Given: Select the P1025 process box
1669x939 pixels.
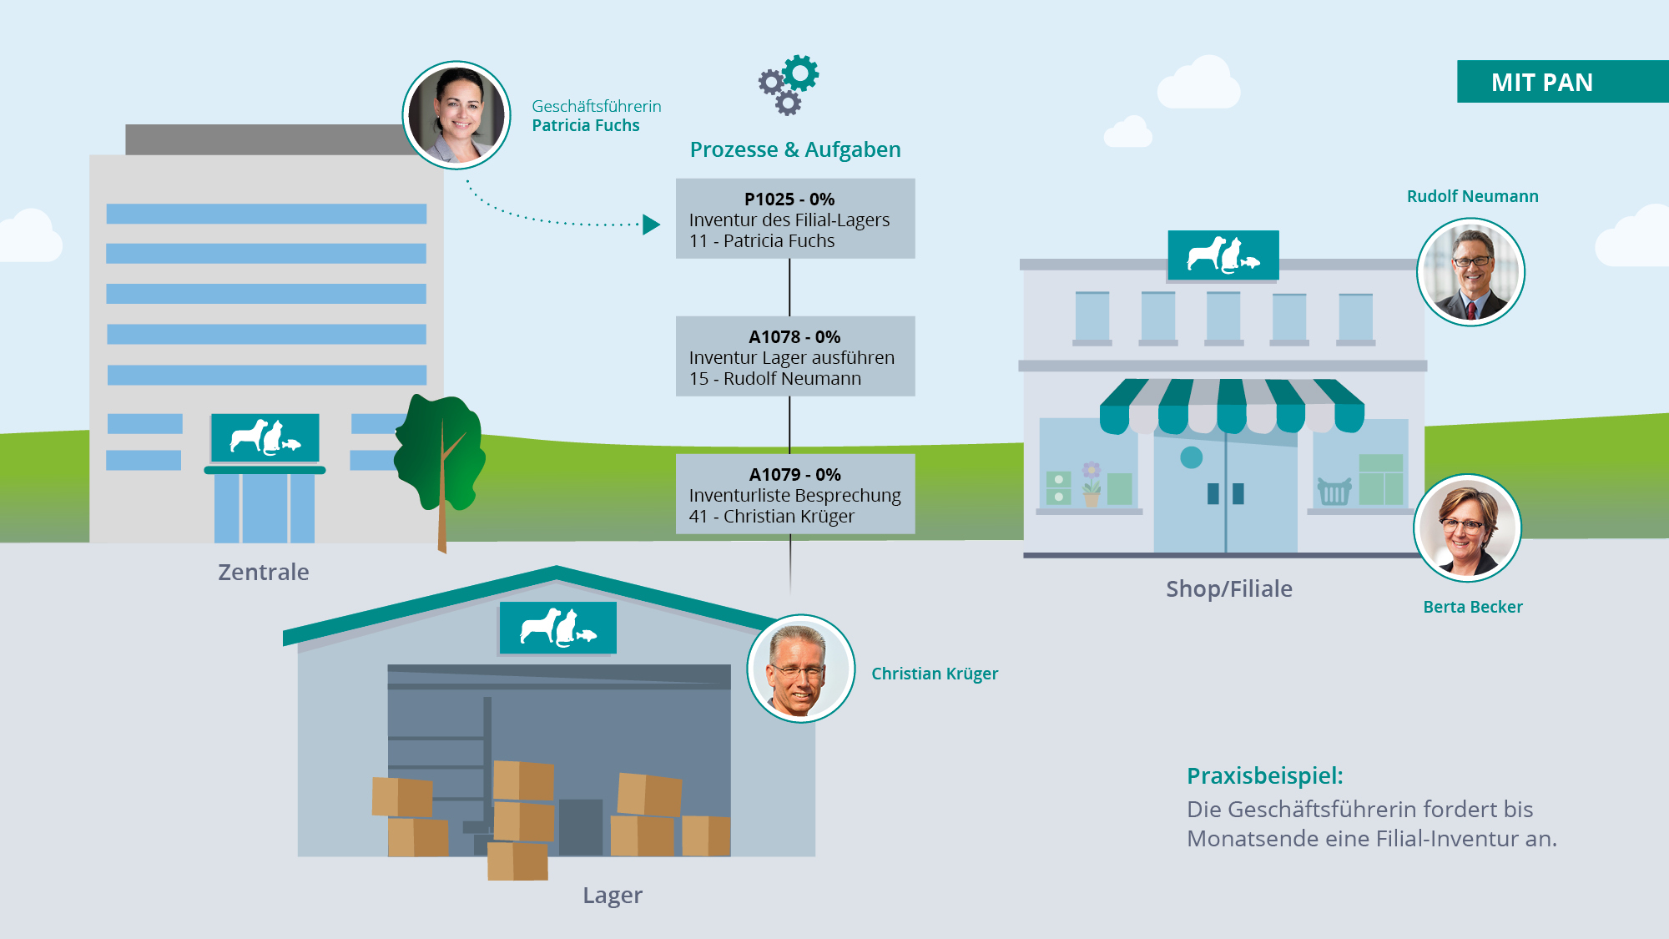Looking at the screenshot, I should coord(794,219).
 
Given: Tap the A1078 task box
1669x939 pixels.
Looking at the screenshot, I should coord(794,356).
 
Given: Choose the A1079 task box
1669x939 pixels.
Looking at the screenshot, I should coord(794,494).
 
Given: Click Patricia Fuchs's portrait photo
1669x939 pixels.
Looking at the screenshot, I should coord(456,115).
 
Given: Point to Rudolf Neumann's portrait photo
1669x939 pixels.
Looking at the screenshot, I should coord(1470,272).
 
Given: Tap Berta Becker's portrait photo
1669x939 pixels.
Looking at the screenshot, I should coord(1467,528).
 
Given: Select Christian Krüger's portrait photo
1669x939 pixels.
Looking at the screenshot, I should coord(800,669).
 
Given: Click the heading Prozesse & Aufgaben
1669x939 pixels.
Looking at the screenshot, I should coord(794,150).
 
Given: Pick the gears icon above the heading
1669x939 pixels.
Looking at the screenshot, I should coord(789,84).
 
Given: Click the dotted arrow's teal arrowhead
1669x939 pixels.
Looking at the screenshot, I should coord(651,225).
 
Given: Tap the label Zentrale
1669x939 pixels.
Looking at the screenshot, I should coord(263,573).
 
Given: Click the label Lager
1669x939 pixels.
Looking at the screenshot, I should coord(613,896).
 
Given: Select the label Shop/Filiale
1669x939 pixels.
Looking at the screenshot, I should coord(1228,589).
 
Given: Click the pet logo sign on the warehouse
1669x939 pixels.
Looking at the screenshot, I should coord(557,628).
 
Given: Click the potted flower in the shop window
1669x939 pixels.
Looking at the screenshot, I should coord(1091,484).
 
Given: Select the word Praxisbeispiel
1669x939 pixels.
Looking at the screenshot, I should coord(1264,776).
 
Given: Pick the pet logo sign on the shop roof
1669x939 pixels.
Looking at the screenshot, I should coord(1223,255).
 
